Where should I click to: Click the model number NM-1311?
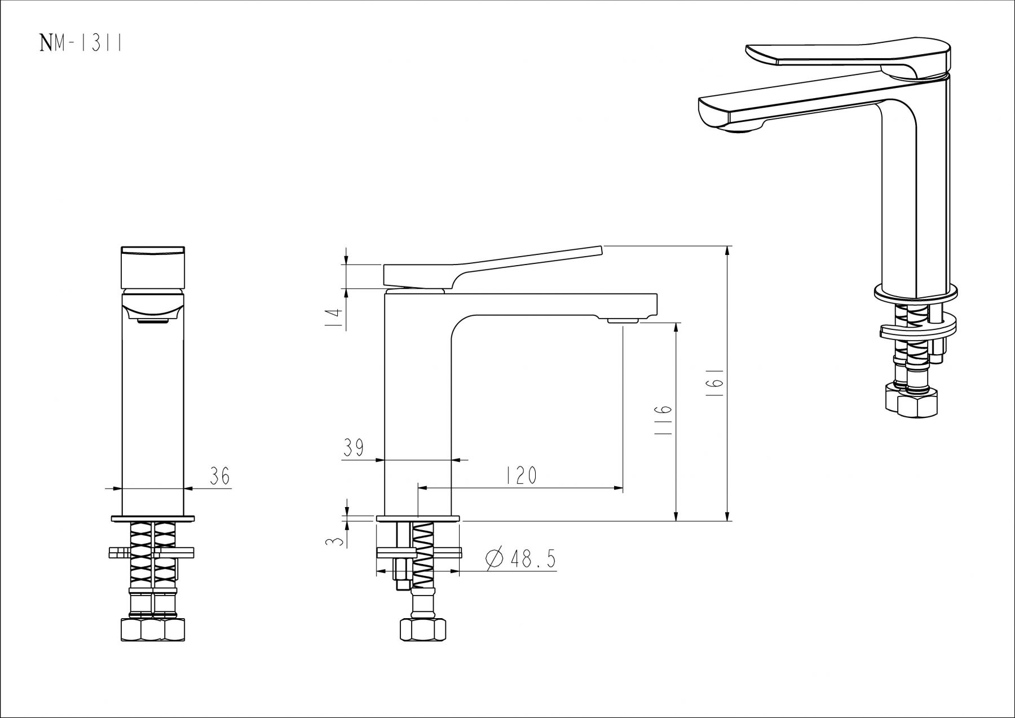(x=81, y=43)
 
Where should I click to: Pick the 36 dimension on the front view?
(x=219, y=476)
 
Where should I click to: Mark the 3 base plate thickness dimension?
(x=336, y=541)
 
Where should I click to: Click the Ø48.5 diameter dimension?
(x=520, y=559)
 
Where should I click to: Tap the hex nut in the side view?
(x=423, y=629)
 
